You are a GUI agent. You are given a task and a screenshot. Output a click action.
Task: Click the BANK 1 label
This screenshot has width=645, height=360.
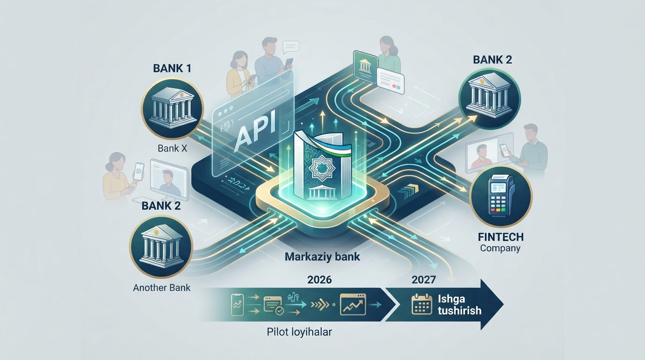172,68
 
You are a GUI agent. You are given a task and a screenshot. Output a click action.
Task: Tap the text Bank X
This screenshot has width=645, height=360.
172,148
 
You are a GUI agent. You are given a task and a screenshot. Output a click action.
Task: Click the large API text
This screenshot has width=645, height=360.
255,132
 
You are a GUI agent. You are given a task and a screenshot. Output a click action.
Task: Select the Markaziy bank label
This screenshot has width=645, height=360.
322,256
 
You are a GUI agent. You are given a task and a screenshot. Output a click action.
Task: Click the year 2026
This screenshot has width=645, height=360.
320,280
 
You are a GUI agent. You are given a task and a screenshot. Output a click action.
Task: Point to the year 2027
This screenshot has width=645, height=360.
424,279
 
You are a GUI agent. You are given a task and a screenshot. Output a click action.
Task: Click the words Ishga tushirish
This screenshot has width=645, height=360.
459,304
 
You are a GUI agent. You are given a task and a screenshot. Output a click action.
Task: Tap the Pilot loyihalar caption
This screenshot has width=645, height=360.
300,332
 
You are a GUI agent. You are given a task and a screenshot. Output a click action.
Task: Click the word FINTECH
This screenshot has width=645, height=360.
501,237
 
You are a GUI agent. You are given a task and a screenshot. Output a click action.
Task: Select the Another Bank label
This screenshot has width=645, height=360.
162,287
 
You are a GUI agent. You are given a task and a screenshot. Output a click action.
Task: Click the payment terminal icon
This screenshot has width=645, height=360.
501,196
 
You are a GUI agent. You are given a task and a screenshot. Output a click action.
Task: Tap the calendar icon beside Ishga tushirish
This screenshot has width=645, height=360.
422,304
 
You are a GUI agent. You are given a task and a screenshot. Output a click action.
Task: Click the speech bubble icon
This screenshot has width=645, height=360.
291,47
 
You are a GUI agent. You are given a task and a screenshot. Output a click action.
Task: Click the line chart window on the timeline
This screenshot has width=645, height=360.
353,304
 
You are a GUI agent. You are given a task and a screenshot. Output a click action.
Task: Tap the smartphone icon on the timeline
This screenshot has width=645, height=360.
238,305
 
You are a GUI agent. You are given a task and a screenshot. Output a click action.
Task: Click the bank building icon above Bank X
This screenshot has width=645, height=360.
172,109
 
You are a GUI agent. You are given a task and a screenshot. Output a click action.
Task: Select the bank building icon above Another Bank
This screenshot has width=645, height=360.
161,247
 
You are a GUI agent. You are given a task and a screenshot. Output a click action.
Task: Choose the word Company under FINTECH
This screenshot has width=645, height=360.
500,248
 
